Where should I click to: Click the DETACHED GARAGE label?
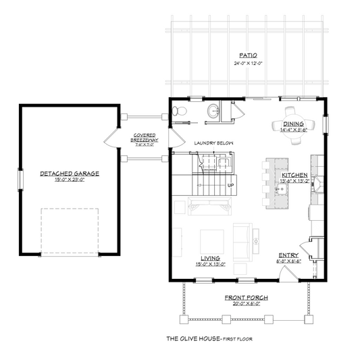(x=69, y=174)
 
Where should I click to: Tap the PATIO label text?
(x=247, y=55)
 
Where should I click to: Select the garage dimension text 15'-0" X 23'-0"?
(x=69, y=181)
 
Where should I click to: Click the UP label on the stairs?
(x=230, y=185)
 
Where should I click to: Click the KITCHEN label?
(x=293, y=175)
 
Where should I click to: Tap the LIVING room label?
(x=210, y=257)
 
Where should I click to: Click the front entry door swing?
(x=286, y=273)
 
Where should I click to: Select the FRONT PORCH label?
(x=246, y=297)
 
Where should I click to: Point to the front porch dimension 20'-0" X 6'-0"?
(x=246, y=304)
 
